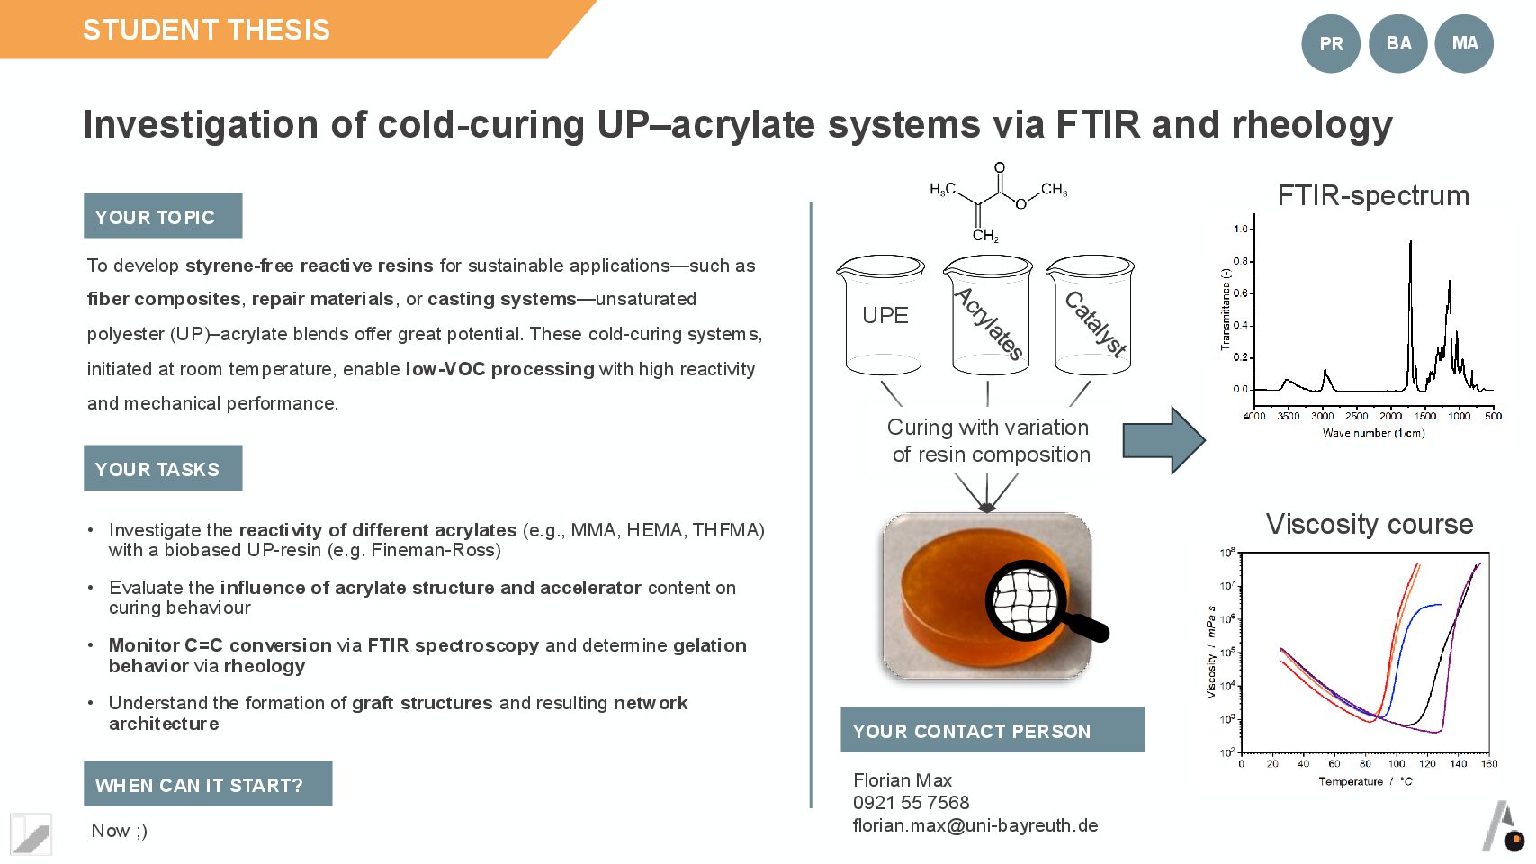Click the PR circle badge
[1330, 44]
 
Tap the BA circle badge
[1397, 43]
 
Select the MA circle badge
[1464, 43]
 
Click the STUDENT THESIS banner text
[206, 30]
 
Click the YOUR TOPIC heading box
[163, 217]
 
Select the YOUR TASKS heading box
[163, 469]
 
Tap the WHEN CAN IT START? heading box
[208, 785]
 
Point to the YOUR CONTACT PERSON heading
[992, 731]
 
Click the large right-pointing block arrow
[1163, 440]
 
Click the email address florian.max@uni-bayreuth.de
[975, 825]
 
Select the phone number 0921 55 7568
[911, 803]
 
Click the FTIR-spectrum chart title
[1372, 195]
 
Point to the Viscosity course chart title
[1369, 524]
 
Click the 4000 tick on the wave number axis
[1254, 416]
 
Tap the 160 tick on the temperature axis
[1489, 764]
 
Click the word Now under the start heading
[111, 831]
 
